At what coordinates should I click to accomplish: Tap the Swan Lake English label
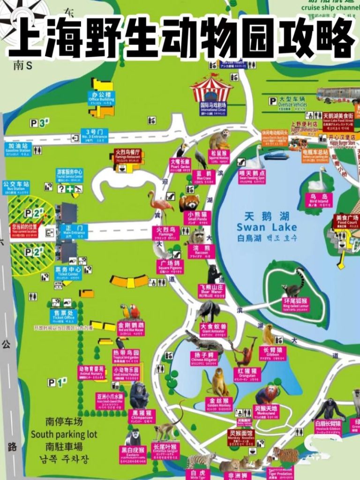[267, 227]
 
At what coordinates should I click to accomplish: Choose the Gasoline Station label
[18, 149]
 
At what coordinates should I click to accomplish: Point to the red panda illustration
[189, 202]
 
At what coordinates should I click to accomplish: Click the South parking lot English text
[64, 435]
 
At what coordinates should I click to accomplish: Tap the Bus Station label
[16, 187]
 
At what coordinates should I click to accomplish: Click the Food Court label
[346, 220]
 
